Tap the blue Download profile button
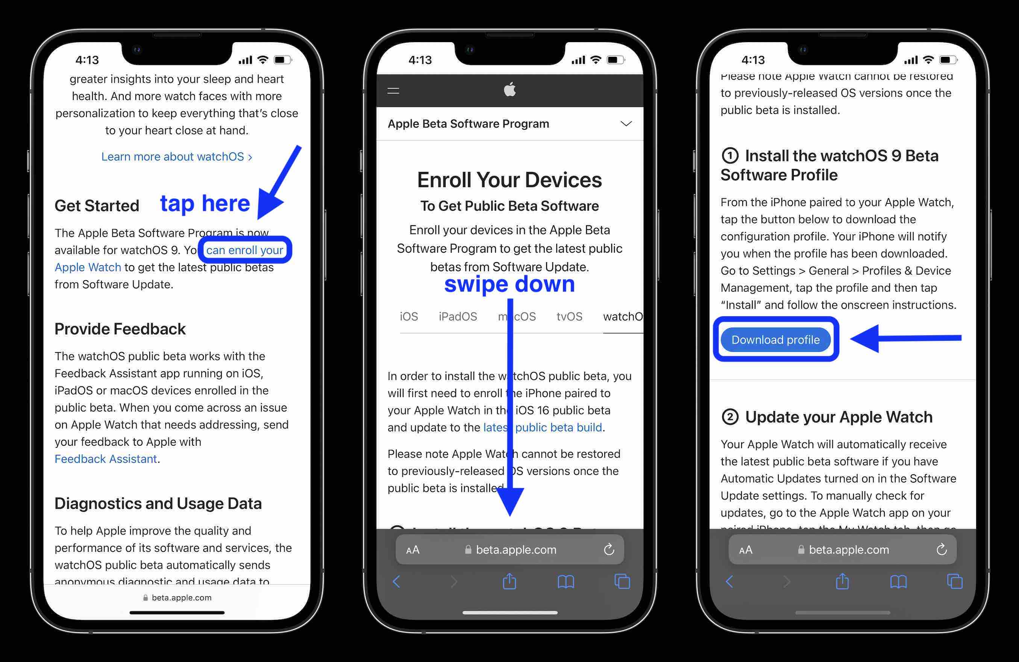click(775, 340)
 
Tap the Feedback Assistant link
click(106, 459)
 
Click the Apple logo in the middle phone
click(509, 90)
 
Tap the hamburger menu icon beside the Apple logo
click(393, 91)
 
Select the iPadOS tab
click(458, 316)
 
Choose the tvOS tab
click(569, 316)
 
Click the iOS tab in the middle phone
click(408, 316)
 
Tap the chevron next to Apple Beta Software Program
click(626, 124)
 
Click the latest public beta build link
click(543, 427)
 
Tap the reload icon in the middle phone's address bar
click(609, 550)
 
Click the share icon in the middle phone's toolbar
click(509, 582)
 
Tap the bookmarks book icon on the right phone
click(898, 582)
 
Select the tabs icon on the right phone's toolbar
click(954, 582)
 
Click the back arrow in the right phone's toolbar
click(729, 582)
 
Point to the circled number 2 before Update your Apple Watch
click(730, 417)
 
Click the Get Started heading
click(97, 205)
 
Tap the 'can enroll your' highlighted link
click(244, 250)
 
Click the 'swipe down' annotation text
click(509, 284)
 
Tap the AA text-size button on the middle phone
click(413, 550)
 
